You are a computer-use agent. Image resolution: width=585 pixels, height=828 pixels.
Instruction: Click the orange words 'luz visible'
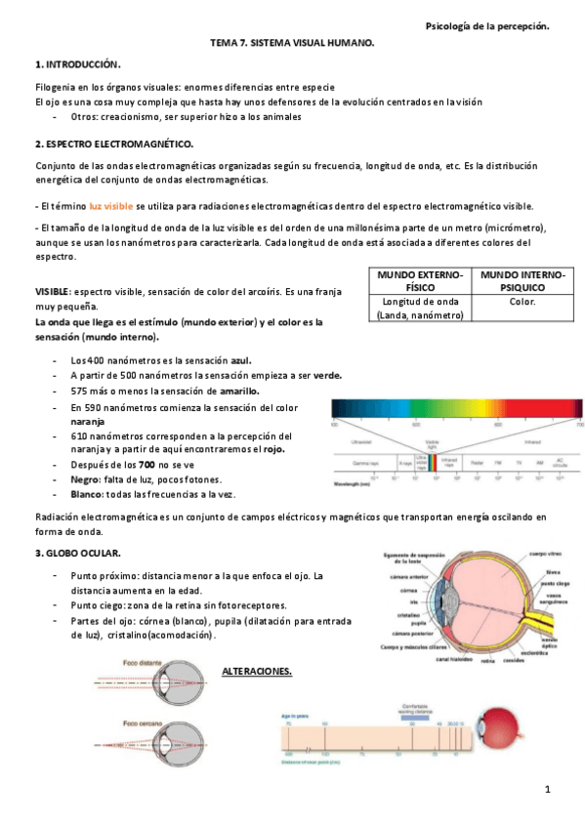[110, 207]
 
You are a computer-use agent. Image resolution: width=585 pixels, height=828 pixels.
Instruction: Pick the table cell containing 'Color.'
[522, 303]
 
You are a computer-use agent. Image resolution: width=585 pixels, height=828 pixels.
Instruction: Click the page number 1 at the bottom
[549, 788]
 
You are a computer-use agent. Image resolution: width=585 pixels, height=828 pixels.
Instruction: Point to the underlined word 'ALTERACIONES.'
[258, 672]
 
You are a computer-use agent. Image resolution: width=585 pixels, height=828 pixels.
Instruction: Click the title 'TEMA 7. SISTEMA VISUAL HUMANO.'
[292, 45]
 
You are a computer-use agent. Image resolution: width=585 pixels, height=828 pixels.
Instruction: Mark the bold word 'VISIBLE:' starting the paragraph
[53, 292]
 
